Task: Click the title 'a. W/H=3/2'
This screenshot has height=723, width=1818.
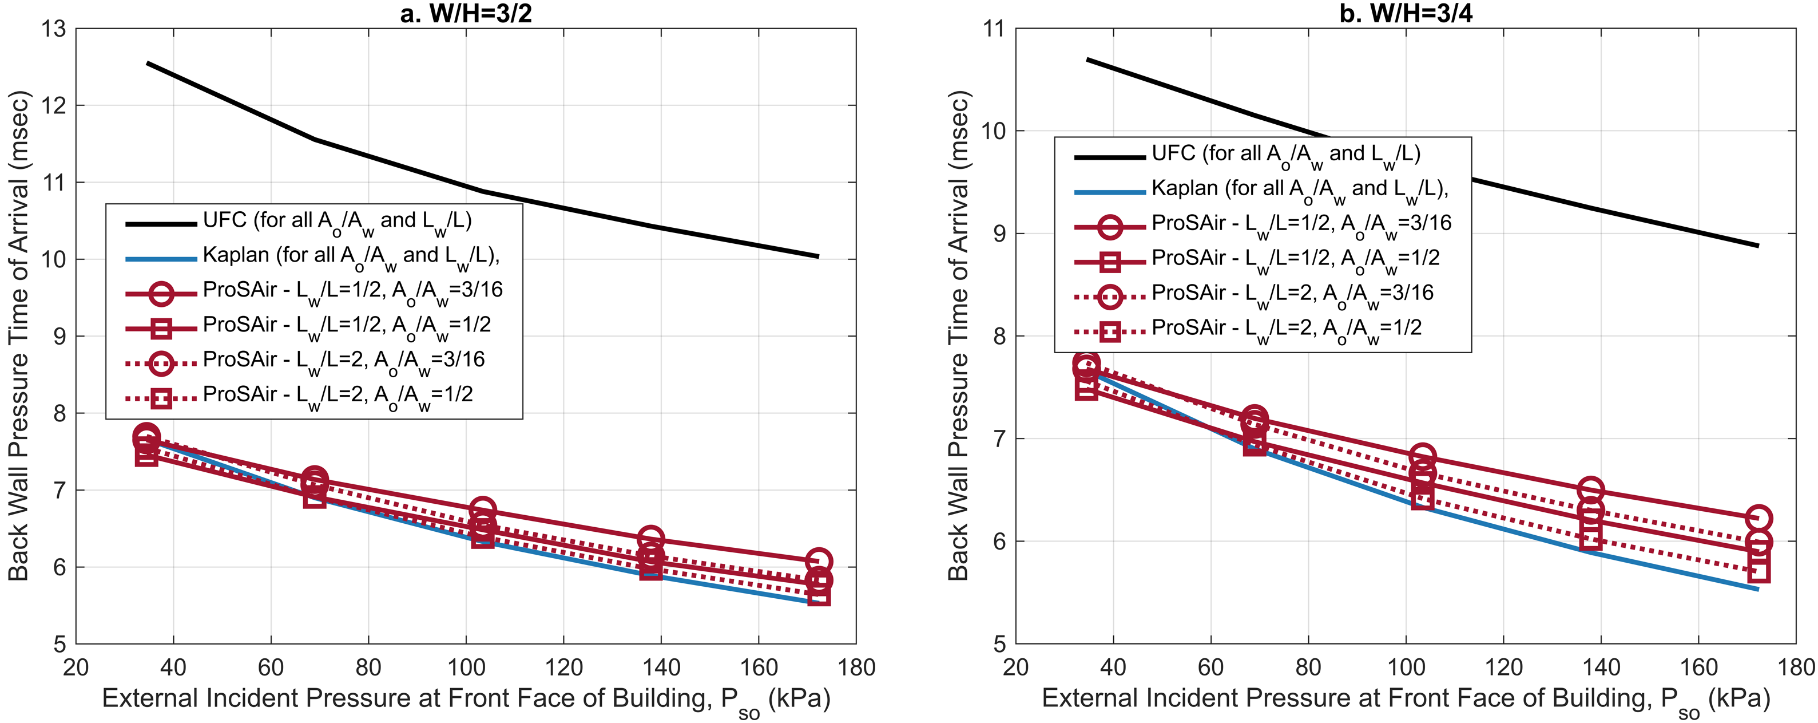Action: [466, 13]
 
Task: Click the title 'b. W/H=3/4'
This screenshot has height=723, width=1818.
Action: [1406, 13]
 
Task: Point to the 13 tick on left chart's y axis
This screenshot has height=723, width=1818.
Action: [53, 29]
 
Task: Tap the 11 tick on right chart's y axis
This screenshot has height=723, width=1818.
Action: [993, 29]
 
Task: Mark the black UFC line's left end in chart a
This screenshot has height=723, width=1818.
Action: [147, 63]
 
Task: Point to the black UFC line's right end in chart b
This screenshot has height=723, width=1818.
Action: [1758, 246]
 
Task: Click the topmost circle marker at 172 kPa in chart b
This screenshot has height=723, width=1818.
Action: [1759, 518]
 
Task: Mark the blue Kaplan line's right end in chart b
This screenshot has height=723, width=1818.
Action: [1758, 589]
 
